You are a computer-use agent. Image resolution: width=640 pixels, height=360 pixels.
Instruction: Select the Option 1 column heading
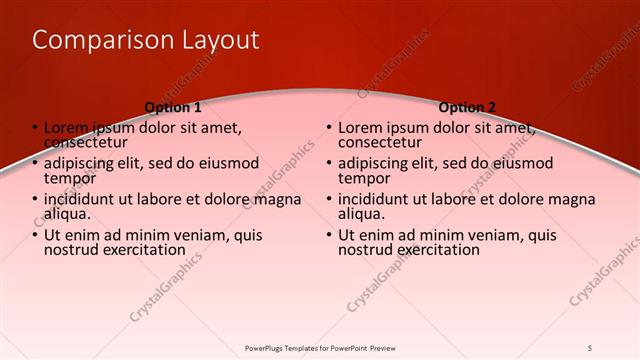(173, 107)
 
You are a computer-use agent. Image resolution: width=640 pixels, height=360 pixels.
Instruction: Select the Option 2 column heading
(467, 107)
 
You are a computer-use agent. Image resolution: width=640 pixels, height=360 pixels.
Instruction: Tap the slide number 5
(590, 347)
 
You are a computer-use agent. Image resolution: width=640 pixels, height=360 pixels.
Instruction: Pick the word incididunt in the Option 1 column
(83, 199)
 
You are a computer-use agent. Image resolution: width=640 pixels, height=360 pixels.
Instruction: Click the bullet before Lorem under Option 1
(34, 128)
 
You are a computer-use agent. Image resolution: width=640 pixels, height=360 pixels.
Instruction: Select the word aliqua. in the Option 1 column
(67, 213)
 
